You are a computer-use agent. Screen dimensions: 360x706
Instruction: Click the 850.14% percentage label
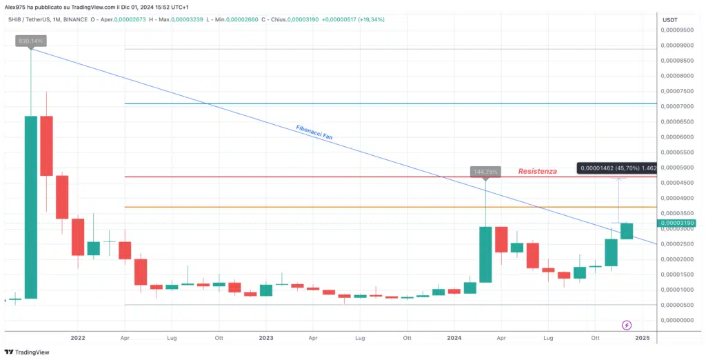coord(31,41)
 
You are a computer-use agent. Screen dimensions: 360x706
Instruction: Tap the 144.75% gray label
coord(485,171)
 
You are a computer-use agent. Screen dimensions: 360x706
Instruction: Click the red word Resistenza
coord(537,171)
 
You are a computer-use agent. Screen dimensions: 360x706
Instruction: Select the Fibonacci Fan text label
coord(314,132)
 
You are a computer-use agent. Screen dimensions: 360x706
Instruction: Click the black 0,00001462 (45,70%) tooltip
coord(616,168)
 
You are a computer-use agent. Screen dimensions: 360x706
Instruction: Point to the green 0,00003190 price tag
coord(678,223)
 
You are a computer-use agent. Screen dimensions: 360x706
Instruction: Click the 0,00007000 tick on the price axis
coord(676,106)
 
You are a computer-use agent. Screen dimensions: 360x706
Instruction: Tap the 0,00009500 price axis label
coord(676,30)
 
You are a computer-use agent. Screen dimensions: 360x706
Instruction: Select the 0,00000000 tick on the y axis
coord(676,320)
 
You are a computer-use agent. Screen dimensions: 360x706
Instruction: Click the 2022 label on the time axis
coord(77,338)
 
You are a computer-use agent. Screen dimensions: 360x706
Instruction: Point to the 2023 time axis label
coord(266,338)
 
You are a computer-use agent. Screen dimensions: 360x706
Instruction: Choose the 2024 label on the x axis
coord(454,338)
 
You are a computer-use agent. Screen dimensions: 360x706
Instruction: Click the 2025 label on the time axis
coord(643,338)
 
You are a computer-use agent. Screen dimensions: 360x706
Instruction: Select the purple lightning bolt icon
coord(627,324)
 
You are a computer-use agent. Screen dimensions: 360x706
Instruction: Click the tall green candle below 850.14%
coord(31,207)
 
